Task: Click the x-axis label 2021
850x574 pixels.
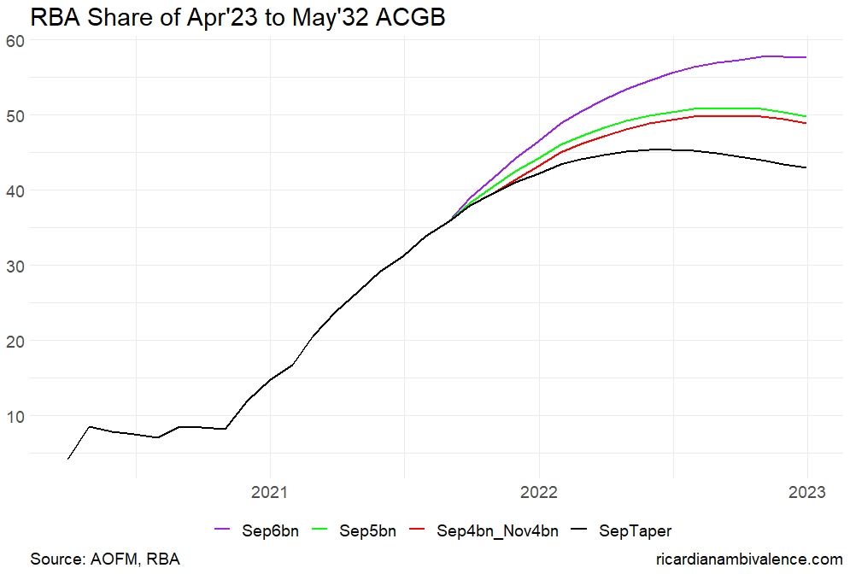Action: [x=270, y=493]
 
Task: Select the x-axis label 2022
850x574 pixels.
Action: [x=538, y=493]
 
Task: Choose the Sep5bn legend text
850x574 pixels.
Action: [x=367, y=531]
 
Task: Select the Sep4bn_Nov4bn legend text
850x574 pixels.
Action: [x=497, y=531]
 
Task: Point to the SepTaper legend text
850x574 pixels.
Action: [x=636, y=531]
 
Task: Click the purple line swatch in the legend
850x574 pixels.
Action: [x=224, y=531]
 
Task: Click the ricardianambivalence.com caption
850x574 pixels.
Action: [x=748, y=559]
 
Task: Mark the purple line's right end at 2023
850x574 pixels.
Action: [x=806, y=57]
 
